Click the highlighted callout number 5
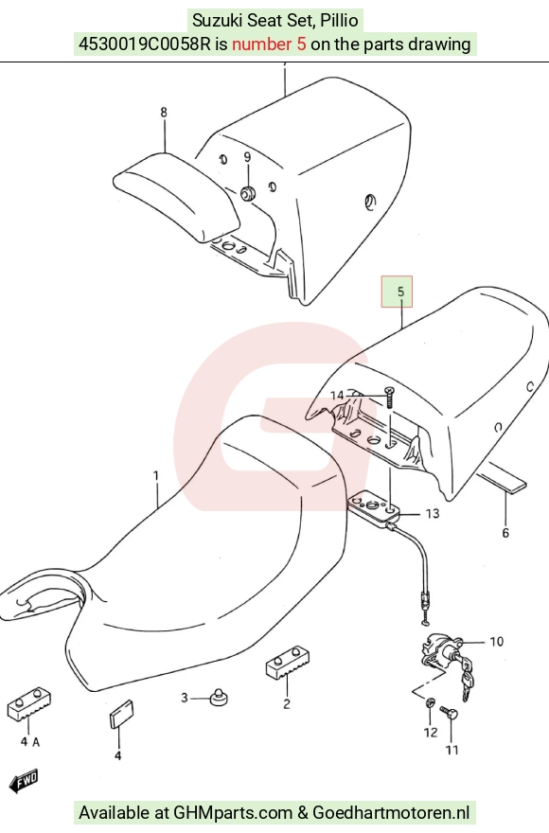point(400,292)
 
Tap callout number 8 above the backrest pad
point(163,112)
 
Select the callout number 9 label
point(247,157)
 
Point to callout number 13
point(433,514)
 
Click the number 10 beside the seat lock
point(496,642)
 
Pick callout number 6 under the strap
point(505,532)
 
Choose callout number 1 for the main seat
point(156,475)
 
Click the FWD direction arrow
point(24,781)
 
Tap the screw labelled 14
point(390,398)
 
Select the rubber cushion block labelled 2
point(288,663)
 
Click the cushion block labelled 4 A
point(28,705)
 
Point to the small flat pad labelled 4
point(122,715)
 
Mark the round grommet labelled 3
point(218,697)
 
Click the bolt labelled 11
point(451,713)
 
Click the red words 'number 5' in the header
point(269,44)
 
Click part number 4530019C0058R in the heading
point(145,44)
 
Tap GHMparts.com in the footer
point(233,812)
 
